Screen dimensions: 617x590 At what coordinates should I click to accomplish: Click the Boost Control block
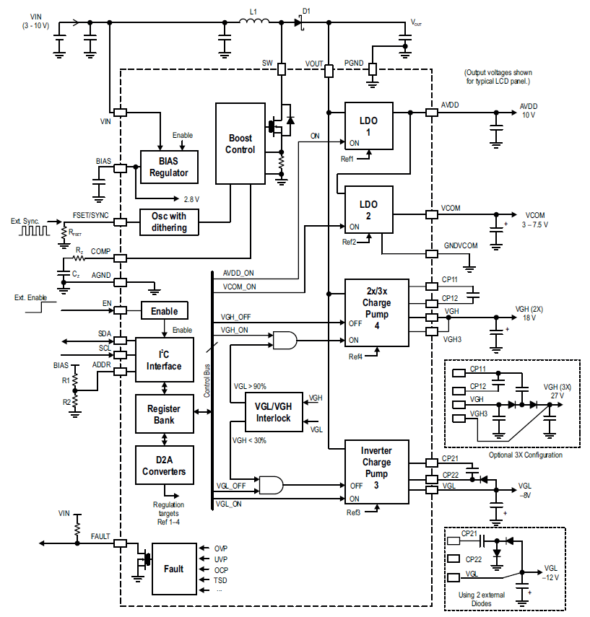coord(240,144)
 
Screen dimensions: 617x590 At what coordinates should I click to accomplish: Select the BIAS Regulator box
coord(169,167)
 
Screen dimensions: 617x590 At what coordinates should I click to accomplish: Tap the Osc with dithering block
coord(169,222)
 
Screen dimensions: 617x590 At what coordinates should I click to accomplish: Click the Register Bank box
coord(164,414)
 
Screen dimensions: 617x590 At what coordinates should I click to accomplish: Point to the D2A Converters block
coord(164,466)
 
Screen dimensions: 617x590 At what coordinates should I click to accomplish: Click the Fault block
coord(173,569)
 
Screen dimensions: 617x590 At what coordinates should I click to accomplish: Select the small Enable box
coord(164,311)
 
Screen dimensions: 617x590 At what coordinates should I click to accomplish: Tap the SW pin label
coord(267,64)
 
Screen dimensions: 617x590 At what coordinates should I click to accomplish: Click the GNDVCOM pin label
coord(460,245)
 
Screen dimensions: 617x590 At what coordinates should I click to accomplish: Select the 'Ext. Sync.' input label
coord(25,221)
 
